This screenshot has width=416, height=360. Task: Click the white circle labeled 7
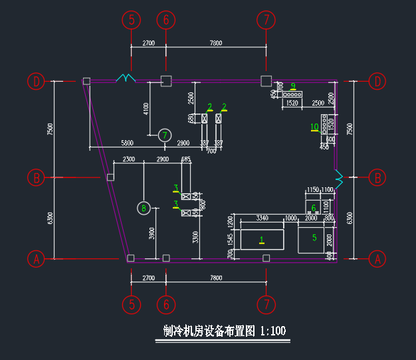click(x=165, y=135)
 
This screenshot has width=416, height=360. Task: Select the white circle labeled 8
click(x=144, y=209)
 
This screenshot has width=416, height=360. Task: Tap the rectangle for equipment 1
click(x=262, y=238)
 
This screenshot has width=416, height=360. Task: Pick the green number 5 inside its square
click(x=314, y=237)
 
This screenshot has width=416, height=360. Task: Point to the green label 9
click(x=293, y=86)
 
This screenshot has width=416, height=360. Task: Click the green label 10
click(x=314, y=127)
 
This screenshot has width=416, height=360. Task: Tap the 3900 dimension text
click(x=152, y=233)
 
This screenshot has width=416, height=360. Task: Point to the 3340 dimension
click(x=262, y=218)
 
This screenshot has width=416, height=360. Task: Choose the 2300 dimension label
click(x=128, y=159)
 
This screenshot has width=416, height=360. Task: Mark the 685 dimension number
click(x=185, y=159)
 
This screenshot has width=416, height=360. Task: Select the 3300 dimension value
click(x=195, y=236)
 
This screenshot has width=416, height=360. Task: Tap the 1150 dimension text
click(x=312, y=190)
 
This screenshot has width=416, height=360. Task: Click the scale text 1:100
click(x=273, y=330)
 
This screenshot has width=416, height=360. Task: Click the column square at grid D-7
click(x=266, y=81)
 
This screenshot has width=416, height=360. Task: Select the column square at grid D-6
click(x=166, y=81)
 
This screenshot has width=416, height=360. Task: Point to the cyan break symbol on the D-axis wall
click(x=126, y=78)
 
